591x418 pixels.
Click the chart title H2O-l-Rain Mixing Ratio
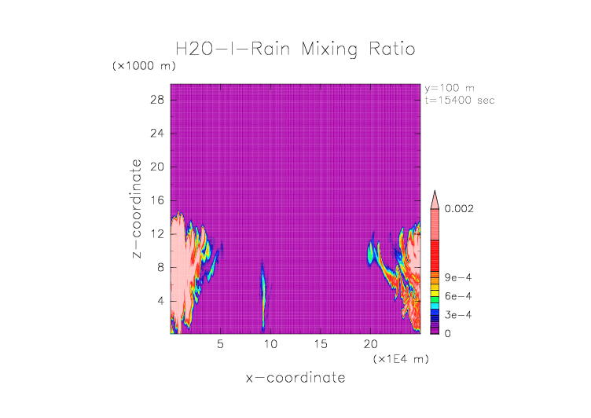click(295, 49)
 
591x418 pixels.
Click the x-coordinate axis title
click(295, 378)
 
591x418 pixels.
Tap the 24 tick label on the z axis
click(157, 134)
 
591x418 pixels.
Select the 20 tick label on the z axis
click(157, 167)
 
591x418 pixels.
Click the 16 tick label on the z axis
click(157, 200)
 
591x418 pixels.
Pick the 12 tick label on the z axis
click(157, 234)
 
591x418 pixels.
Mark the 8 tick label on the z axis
click(160, 267)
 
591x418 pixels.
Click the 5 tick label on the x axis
click(221, 343)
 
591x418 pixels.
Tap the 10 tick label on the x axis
click(270, 343)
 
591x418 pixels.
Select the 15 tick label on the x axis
click(320, 343)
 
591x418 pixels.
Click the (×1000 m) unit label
click(144, 66)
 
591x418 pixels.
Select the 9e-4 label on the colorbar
click(457, 277)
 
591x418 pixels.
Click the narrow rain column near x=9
click(263, 299)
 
